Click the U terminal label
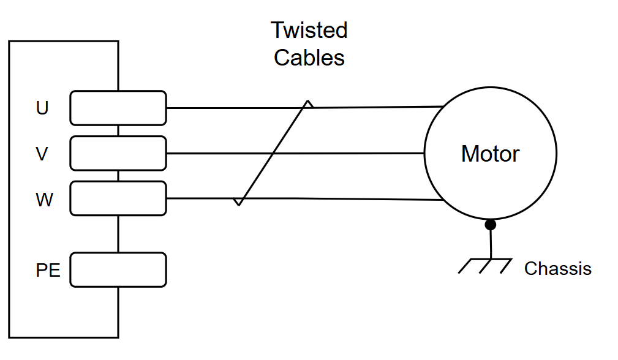pyautogui.click(x=42, y=108)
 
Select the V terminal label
pyautogui.click(x=42, y=154)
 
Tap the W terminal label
pyautogui.click(x=44, y=200)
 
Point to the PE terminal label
pyautogui.click(x=48, y=270)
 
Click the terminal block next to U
pyautogui.click(x=118, y=108)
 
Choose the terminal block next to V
pyautogui.click(x=118, y=153)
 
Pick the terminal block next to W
pyautogui.click(x=118, y=198)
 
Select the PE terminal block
pyautogui.click(x=118, y=270)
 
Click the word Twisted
pyautogui.click(x=309, y=31)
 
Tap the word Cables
pyautogui.click(x=309, y=58)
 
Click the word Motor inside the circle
pyautogui.click(x=491, y=154)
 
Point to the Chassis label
pyautogui.click(x=558, y=269)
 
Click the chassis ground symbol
pyautogui.click(x=485, y=266)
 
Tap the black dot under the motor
pyautogui.click(x=491, y=225)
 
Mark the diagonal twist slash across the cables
pyautogui.click(x=273, y=153)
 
